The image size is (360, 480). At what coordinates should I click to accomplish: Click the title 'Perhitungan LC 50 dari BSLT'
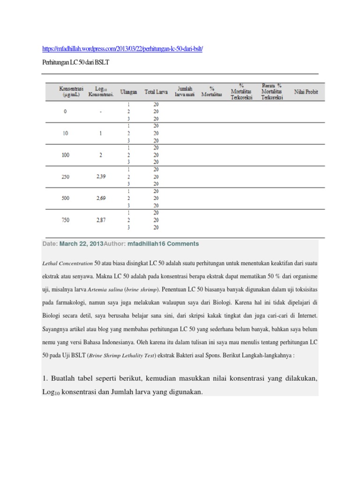click(x=75, y=63)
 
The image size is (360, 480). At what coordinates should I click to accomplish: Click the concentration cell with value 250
click(x=66, y=176)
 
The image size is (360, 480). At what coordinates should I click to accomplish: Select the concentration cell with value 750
click(x=66, y=220)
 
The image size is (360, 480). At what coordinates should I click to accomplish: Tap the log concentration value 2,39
click(x=101, y=176)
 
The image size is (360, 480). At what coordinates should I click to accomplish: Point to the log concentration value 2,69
click(x=101, y=198)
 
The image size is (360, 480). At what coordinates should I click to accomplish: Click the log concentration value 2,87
click(x=101, y=220)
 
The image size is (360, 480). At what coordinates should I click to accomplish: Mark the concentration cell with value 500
click(x=66, y=198)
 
